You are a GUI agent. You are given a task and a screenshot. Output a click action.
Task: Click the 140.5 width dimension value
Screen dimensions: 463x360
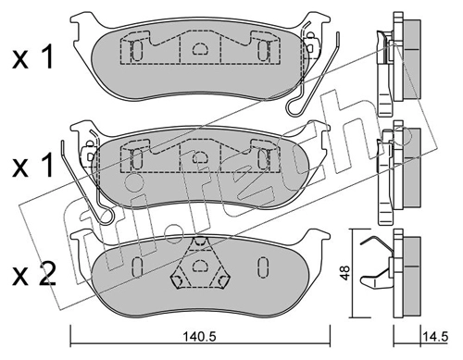click(200, 336)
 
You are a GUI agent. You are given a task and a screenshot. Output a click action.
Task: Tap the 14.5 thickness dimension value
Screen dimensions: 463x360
click(435, 336)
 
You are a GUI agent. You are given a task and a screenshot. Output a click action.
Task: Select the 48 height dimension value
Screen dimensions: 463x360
click(345, 273)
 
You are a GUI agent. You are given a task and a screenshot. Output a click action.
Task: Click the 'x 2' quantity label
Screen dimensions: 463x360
click(34, 275)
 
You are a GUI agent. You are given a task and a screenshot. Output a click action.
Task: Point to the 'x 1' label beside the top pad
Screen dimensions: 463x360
click(33, 56)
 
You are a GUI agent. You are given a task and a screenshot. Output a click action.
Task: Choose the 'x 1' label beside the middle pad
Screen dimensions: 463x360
click(33, 167)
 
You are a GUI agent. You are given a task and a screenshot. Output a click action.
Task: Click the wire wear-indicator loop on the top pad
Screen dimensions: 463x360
click(312, 74)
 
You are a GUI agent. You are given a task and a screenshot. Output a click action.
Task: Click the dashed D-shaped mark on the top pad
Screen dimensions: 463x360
click(200, 48)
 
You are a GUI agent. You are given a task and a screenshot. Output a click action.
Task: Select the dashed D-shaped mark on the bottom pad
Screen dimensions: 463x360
click(200, 266)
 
